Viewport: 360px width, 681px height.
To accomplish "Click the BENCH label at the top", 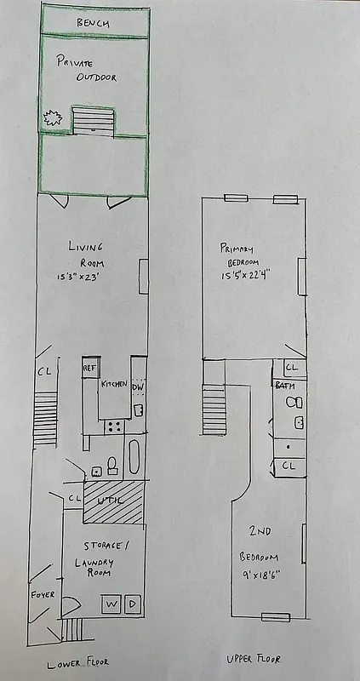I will (x=92, y=23).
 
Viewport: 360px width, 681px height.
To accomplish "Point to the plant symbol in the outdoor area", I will (x=54, y=119).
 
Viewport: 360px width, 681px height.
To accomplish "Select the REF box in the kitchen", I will (x=89, y=368).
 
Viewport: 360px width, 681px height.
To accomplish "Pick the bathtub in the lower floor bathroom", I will (x=134, y=460).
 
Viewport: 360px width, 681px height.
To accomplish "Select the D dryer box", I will (x=132, y=604).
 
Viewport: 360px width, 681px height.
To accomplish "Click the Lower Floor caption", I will (x=78, y=662).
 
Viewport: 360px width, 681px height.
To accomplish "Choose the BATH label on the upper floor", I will (x=284, y=386).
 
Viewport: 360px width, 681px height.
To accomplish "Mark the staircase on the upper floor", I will (x=214, y=409).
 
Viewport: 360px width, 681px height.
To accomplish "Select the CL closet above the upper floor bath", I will (x=291, y=368).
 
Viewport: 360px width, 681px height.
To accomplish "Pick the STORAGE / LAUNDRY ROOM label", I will (x=105, y=552).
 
